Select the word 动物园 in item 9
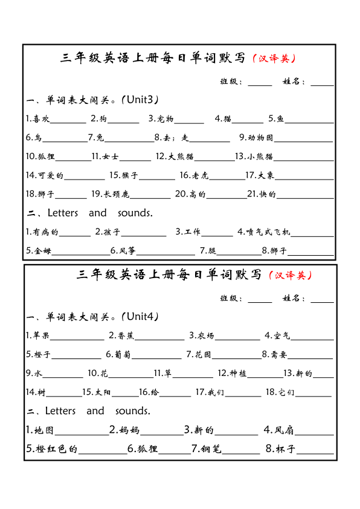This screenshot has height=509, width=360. click(261, 137)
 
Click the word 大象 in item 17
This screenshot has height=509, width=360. click(266, 176)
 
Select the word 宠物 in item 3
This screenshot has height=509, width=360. click(166, 118)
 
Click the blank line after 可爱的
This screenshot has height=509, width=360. click(84, 179)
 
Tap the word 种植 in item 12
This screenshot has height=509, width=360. click(237, 374)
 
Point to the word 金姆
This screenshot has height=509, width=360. click(42, 250)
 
